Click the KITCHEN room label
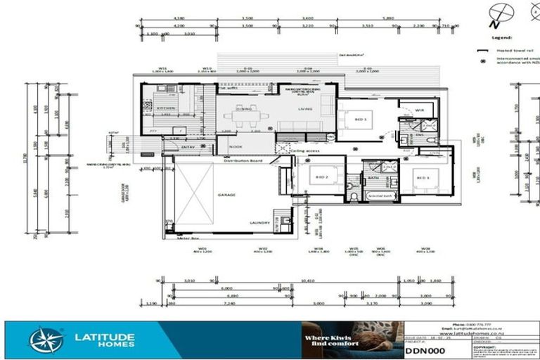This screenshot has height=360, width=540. point(167,108)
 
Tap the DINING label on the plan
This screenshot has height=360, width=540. point(243,109)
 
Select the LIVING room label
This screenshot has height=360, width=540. point(305,109)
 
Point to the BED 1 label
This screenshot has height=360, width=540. point(361,120)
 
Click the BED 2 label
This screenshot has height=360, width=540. point(323,177)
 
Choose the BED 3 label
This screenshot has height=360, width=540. point(423,178)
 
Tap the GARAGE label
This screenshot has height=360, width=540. point(226,195)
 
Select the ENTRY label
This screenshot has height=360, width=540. point(188,147)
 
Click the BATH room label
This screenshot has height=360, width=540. point(373,178)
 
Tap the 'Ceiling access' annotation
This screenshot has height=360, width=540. point(305,150)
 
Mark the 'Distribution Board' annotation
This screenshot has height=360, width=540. point(243,161)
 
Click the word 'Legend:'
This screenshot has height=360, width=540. point(502,37)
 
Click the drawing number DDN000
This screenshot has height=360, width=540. point(425,350)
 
